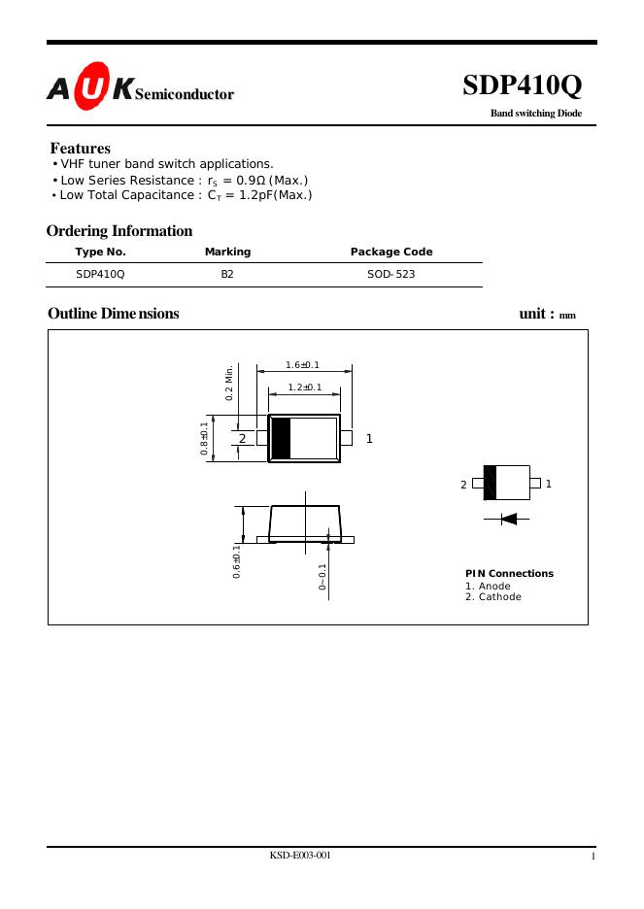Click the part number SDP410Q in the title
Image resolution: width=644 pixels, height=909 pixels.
(522, 86)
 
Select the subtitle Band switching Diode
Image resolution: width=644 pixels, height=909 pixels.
(535, 114)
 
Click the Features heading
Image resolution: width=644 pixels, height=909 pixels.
(81, 149)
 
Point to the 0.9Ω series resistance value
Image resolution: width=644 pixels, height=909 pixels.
(252, 181)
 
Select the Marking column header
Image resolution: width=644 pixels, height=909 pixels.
(227, 252)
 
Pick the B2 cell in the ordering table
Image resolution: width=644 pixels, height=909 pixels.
(227, 275)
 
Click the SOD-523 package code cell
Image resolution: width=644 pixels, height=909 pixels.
(390, 275)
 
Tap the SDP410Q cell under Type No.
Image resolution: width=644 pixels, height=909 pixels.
(100, 275)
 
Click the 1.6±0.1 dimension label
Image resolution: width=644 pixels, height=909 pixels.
(303, 365)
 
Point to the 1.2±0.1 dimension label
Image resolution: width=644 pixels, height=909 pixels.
(305, 387)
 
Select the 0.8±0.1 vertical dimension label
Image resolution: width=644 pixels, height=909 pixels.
(205, 439)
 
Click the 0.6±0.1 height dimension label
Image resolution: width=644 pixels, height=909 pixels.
(237, 561)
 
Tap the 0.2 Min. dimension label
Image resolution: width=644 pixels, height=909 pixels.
(230, 383)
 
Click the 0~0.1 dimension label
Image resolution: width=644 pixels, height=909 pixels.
(322, 577)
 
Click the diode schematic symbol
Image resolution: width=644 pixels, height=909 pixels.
(508, 519)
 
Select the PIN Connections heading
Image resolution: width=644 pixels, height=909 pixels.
(509, 573)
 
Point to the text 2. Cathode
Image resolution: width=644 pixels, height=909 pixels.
(492, 596)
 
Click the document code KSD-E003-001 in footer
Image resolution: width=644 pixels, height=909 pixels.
(300, 855)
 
